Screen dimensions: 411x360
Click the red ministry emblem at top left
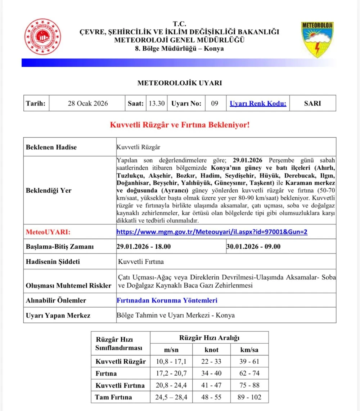43,37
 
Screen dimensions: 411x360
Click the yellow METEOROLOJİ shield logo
317,39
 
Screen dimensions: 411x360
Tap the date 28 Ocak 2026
88,103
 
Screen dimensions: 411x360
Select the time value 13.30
157,103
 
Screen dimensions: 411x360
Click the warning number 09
215,103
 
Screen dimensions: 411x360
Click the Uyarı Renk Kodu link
258,103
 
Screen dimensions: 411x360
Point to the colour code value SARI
312,103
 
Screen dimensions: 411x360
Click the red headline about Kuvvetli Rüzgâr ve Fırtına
180,125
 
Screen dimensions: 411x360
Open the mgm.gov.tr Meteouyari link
212,232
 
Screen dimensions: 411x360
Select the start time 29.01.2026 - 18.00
144,247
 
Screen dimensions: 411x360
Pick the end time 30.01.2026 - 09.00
253,247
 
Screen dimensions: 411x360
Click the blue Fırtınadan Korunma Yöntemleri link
167,300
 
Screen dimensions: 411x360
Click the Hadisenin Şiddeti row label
53,262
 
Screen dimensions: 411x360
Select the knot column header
212,350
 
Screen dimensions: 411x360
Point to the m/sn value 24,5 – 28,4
171,397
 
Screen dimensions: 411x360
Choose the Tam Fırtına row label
113,397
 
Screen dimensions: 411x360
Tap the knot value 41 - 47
212,385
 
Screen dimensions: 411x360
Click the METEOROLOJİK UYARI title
180,83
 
